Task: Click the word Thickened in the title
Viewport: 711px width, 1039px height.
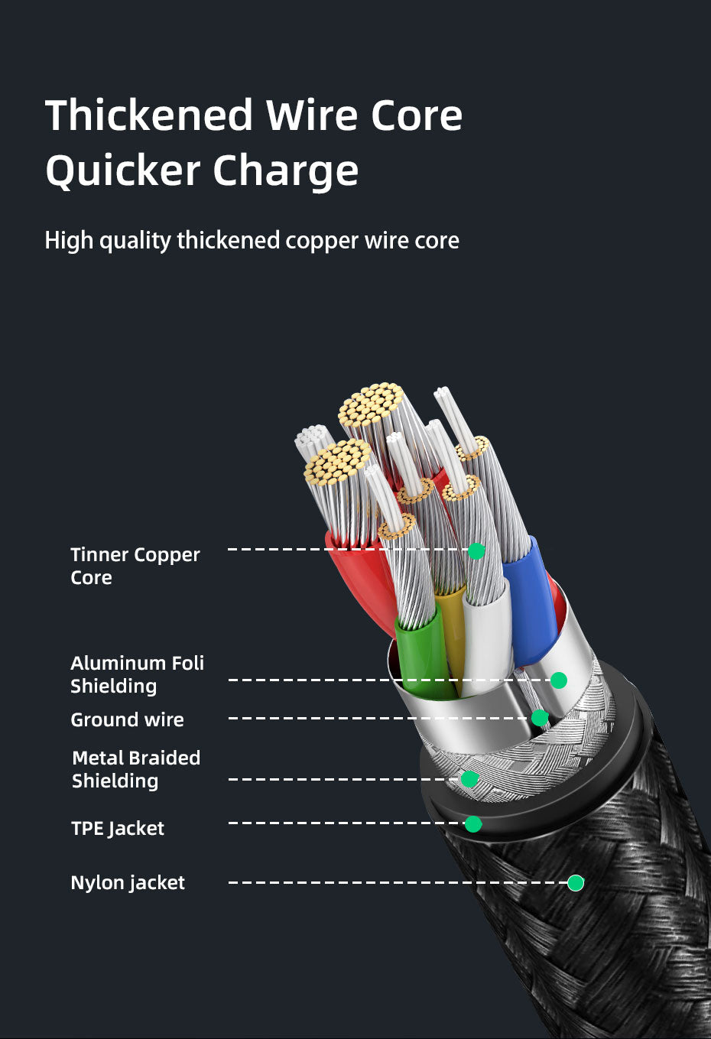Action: tap(149, 115)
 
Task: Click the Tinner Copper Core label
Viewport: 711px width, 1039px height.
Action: tap(135, 566)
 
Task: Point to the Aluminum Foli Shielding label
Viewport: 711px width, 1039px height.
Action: tap(137, 674)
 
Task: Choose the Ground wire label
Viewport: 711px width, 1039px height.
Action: tap(127, 719)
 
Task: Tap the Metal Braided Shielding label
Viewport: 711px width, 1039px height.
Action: tap(135, 769)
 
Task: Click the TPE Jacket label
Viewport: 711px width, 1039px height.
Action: tap(117, 828)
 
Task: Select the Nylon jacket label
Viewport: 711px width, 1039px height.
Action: tap(128, 882)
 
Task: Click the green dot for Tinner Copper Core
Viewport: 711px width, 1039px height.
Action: tap(476, 550)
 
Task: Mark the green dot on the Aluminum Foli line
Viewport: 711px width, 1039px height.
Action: tap(559, 680)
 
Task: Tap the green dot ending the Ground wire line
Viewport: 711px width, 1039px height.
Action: tap(540, 718)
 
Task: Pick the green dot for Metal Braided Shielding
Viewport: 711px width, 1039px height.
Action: tap(469, 779)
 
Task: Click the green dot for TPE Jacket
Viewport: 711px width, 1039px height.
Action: tap(473, 823)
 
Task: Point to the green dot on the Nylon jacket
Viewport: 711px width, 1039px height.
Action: tap(576, 883)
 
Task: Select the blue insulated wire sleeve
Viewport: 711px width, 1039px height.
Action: tap(531, 604)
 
